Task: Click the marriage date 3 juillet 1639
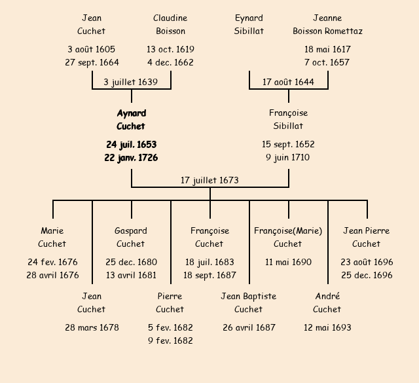(131, 82)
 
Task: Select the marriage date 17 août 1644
(288, 82)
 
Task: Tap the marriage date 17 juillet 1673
(209, 180)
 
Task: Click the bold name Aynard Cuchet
(131, 120)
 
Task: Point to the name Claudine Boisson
(170, 24)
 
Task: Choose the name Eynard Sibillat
(249, 24)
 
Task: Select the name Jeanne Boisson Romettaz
(327, 24)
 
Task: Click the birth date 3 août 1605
(91, 49)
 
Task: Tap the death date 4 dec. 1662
(170, 63)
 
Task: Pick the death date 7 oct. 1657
(327, 63)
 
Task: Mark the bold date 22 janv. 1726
(131, 158)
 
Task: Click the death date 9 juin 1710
(288, 158)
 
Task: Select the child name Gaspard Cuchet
(131, 237)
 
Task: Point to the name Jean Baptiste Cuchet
(249, 302)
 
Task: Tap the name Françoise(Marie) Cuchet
(288, 237)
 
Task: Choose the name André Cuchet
(327, 302)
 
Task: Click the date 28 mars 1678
(92, 327)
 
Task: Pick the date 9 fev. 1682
(170, 340)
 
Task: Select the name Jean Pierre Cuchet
(367, 237)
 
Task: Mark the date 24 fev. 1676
(52, 262)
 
